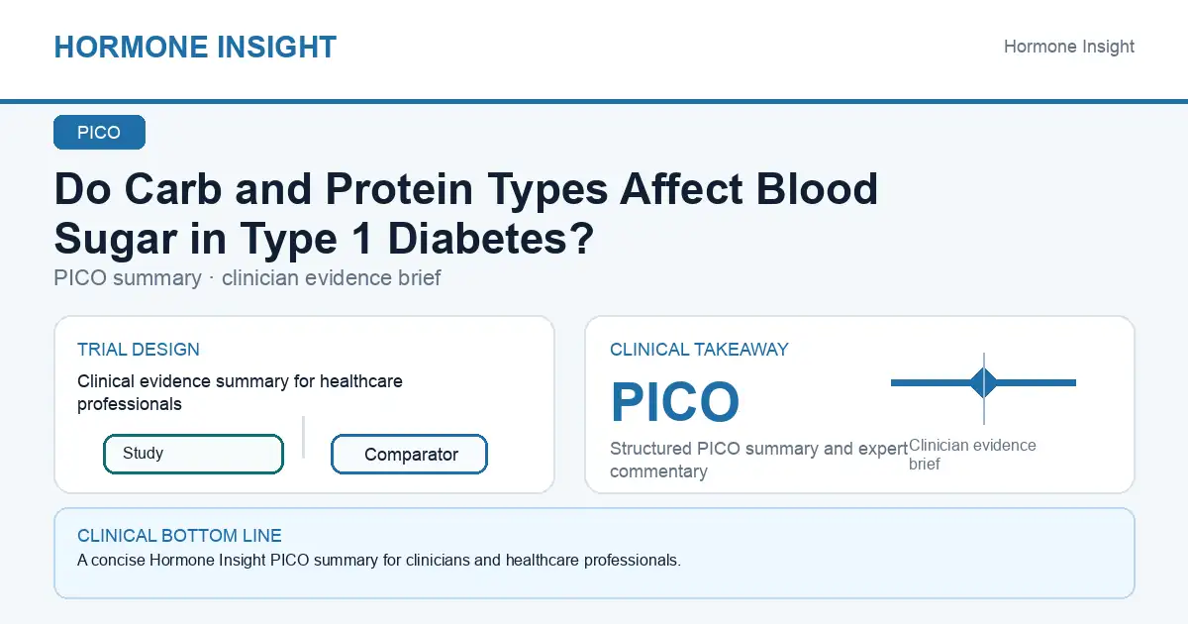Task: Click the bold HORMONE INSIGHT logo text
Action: [195, 47]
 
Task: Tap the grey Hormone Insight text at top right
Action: [1068, 47]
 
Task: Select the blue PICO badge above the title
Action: [99, 132]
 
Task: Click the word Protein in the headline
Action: [399, 189]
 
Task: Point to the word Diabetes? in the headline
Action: [491, 239]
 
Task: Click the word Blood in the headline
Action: [817, 189]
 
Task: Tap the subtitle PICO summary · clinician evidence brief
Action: [247, 278]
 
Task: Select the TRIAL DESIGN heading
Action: [139, 350]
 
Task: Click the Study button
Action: [194, 454]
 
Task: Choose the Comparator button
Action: [409, 455]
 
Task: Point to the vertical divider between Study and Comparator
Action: [303, 437]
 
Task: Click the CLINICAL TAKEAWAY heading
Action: [699, 350]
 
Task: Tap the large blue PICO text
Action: [675, 402]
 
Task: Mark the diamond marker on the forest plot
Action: [984, 382]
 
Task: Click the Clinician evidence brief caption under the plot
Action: [972, 455]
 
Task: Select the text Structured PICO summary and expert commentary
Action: [758, 460]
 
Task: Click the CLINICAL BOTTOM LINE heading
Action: [179, 536]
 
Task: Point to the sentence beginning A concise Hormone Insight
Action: [378, 561]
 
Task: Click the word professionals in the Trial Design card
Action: [130, 404]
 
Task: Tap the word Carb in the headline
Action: [173, 189]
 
